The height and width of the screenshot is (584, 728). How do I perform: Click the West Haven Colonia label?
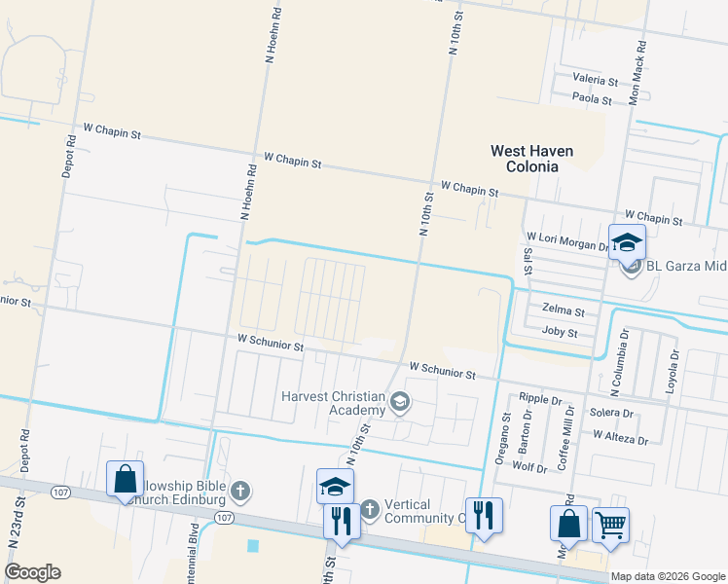tap(531, 159)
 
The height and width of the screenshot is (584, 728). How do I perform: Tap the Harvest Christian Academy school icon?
tap(399, 402)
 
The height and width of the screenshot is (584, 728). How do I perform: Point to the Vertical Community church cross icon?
tap(369, 509)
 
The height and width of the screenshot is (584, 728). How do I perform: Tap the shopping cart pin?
tap(610, 525)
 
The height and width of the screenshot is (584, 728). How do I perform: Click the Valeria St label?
tap(596, 79)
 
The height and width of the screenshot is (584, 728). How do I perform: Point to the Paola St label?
tap(592, 99)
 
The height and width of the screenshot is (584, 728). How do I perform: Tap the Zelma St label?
tap(564, 312)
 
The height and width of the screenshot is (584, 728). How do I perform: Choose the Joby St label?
tap(560, 333)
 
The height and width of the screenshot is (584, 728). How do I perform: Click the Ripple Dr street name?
tap(541, 400)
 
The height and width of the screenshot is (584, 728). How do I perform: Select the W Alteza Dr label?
tap(620, 440)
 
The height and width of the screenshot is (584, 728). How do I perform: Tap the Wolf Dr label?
tap(529, 467)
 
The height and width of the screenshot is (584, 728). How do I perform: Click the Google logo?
tap(32, 572)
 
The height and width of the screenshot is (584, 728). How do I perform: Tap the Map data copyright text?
tap(666, 577)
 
